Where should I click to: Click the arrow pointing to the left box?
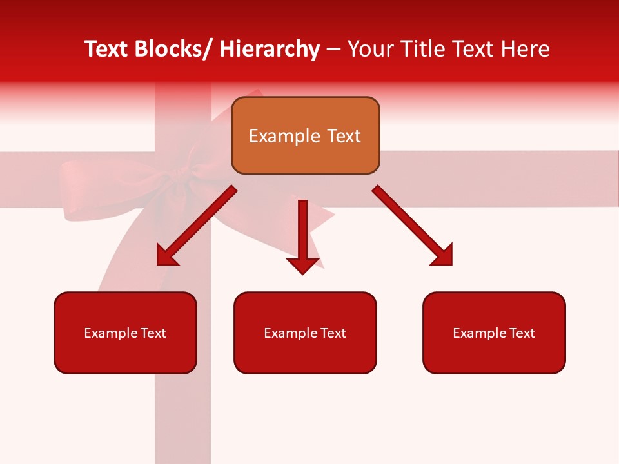tap(197, 226)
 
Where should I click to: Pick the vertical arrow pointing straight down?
tap(302, 232)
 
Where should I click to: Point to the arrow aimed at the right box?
tap(413, 226)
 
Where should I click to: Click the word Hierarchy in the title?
tap(270, 49)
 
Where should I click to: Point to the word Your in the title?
tap(369, 49)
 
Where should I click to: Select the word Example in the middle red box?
tap(289, 333)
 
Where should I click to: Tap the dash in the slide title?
tap(334, 50)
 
